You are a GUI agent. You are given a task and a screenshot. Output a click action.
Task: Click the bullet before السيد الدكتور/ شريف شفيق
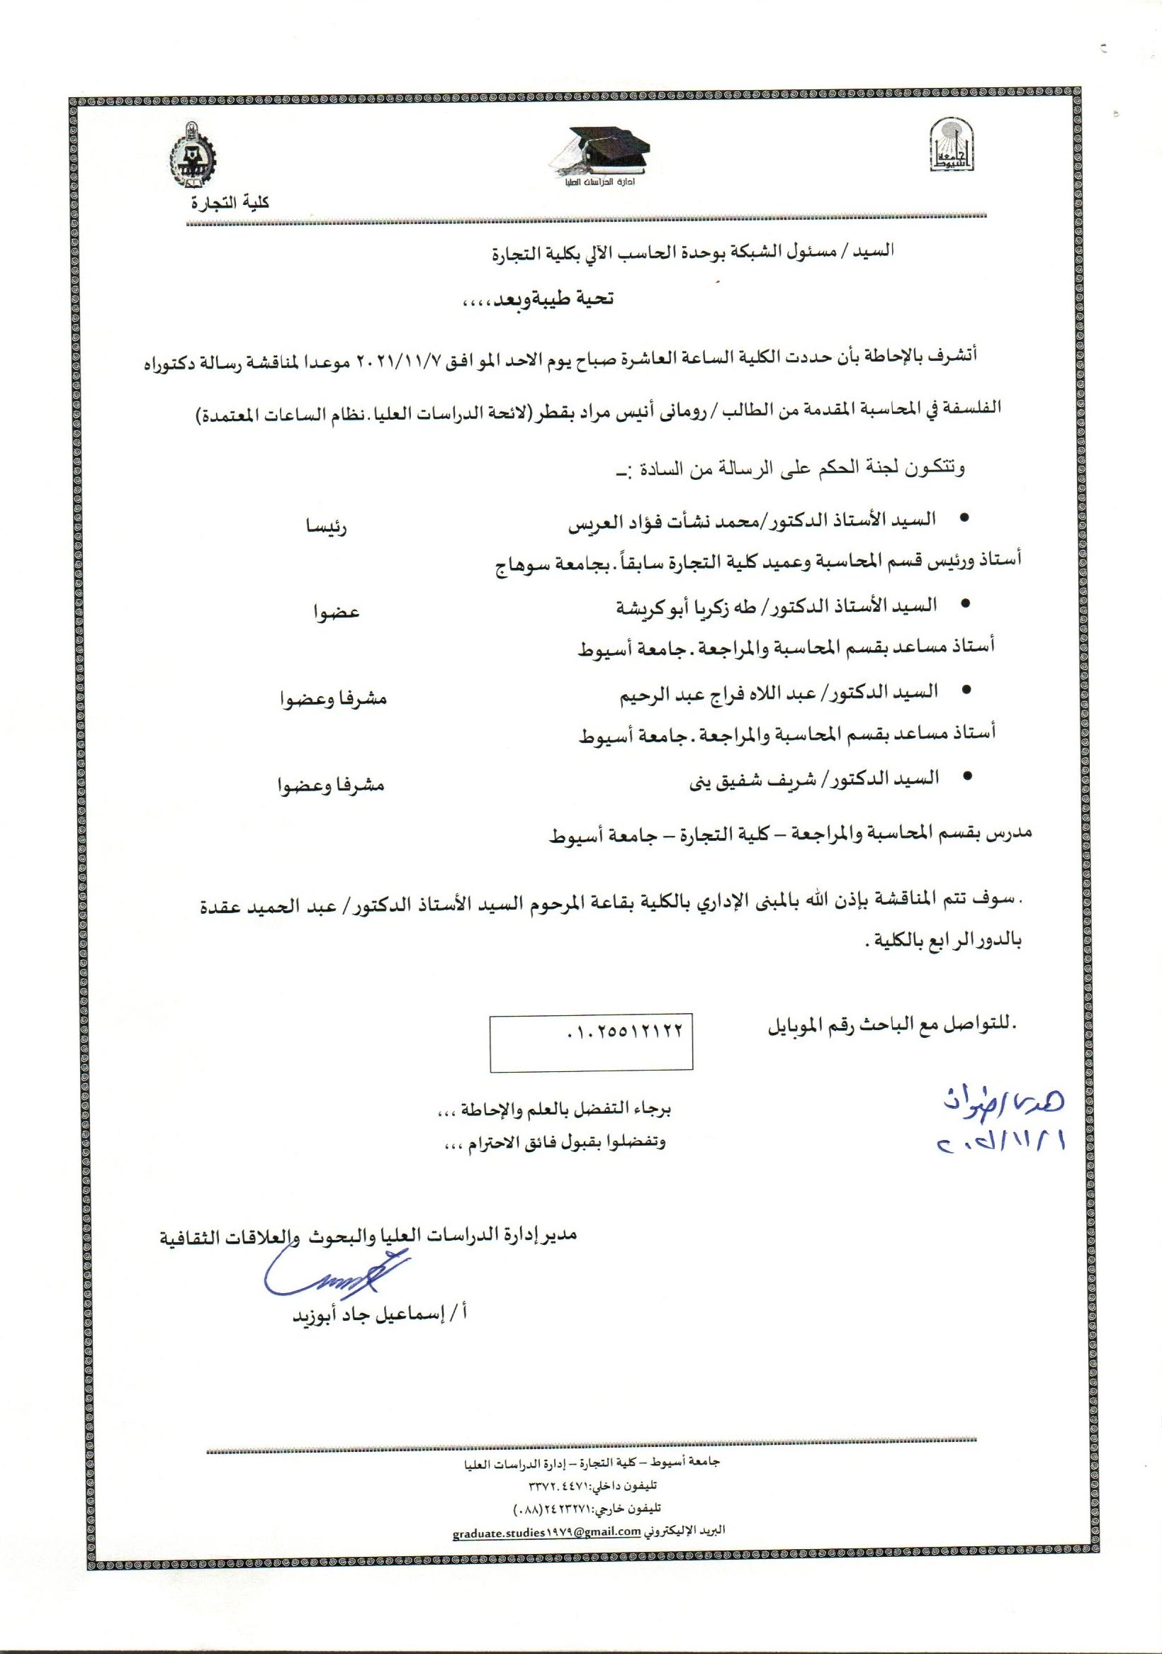coord(965,776)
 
